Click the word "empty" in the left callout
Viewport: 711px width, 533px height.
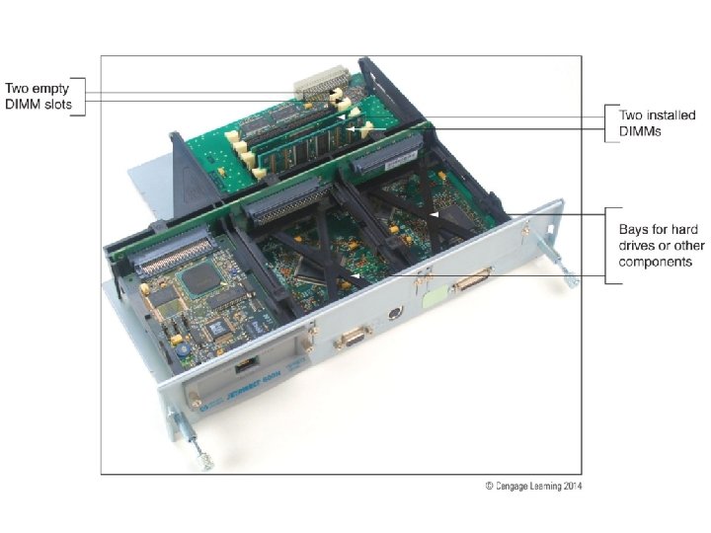click(x=50, y=89)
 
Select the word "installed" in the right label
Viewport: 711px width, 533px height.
click(x=671, y=115)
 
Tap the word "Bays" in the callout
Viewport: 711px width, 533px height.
click(x=633, y=230)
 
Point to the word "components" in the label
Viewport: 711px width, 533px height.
click(x=656, y=263)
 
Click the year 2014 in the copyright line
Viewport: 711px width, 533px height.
click(x=572, y=486)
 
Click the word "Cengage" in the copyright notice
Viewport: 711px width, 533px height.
click(x=512, y=487)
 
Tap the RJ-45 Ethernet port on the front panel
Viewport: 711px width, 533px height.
click(x=246, y=363)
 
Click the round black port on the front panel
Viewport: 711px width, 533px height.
click(x=395, y=313)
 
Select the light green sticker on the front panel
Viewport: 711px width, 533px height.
click(x=434, y=299)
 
